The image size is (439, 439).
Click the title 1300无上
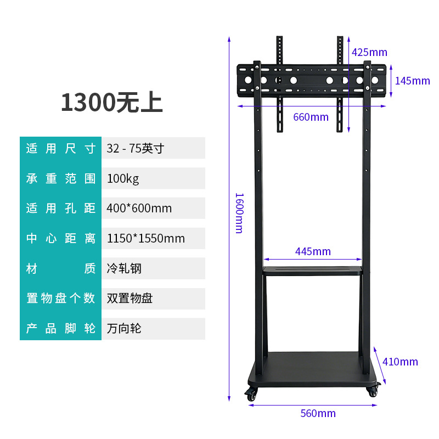(112, 103)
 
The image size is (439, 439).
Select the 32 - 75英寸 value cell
(154, 148)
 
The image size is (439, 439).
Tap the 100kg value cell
(154, 178)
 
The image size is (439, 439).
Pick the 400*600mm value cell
(154, 209)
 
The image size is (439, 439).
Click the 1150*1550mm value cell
(154, 238)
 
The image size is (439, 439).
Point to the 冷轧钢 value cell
(154, 268)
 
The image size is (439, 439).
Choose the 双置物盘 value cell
(154, 299)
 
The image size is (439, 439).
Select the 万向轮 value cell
(154, 329)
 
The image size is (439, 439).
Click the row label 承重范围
(61, 179)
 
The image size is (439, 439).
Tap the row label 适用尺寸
(61, 148)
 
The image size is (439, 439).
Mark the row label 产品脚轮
(61, 329)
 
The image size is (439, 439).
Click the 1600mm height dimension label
(240, 213)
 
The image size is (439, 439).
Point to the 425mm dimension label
(369, 52)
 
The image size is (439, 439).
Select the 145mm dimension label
(413, 81)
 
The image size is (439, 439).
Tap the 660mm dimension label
(311, 117)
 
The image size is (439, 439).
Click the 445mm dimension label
(313, 251)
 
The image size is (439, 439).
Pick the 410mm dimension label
(400, 362)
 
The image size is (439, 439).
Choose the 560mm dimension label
(318, 413)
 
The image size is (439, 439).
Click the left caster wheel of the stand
(251, 394)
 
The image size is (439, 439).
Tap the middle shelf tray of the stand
(313, 271)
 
